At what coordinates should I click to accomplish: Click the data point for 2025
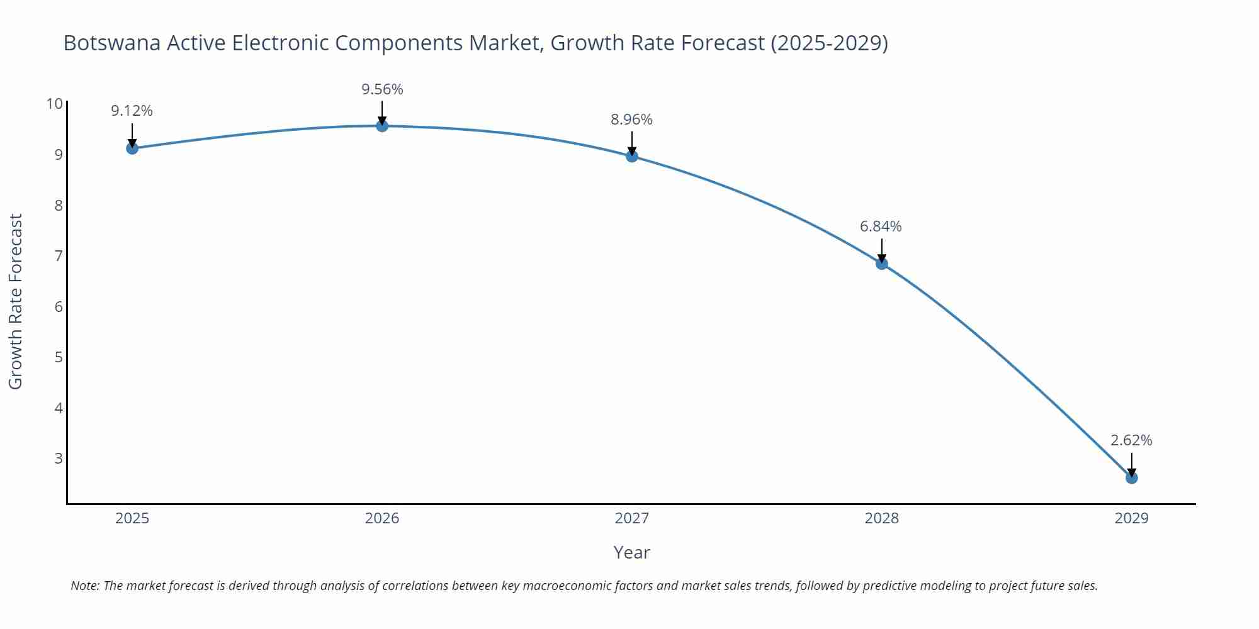pos(132,148)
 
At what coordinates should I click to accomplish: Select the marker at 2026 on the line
pos(382,126)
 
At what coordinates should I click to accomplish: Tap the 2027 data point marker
pos(632,156)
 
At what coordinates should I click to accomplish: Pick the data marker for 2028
pos(882,264)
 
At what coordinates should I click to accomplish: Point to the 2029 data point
pos(1132,478)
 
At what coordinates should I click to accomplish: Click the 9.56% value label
pos(382,89)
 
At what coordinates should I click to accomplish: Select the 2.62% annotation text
pos(1131,440)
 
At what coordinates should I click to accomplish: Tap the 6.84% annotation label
pos(881,226)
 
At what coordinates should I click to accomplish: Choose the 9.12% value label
pos(132,111)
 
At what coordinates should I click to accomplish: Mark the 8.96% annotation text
pos(631,120)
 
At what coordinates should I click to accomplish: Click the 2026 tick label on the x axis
pos(382,518)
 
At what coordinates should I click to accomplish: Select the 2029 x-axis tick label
pos(1132,518)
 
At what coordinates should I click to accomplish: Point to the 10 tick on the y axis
pos(55,104)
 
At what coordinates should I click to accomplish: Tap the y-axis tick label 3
pos(59,458)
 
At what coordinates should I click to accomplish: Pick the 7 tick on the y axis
pos(59,255)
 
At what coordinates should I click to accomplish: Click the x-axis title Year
pos(631,552)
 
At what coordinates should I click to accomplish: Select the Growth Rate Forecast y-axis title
pos(15,301)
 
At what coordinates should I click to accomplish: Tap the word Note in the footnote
pos(84,586)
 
